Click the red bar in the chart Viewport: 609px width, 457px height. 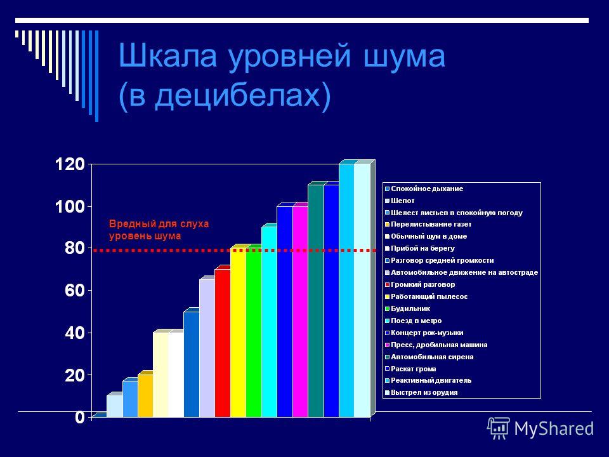point(223,343)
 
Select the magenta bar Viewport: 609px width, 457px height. point(300,312)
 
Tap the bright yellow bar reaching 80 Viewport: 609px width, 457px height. point(238,333)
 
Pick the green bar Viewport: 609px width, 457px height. point(254,333)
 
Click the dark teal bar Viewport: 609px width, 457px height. point(316,301)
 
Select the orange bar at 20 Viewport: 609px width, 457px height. point(145,395)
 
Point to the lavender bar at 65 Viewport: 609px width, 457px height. point(207,348)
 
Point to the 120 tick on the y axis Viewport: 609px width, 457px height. point(70,164)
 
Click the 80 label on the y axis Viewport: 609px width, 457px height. point(75,248)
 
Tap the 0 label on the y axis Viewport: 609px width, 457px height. point(80,418)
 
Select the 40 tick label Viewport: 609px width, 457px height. point(75,333)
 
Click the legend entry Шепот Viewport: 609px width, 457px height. point(400,201)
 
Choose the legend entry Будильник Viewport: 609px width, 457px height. point(407,308)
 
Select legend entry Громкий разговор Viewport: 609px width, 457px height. point(420,284)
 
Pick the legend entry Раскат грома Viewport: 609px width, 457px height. point(410,369)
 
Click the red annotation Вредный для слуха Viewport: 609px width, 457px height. point(159,224)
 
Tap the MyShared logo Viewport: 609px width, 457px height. point(540,428)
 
